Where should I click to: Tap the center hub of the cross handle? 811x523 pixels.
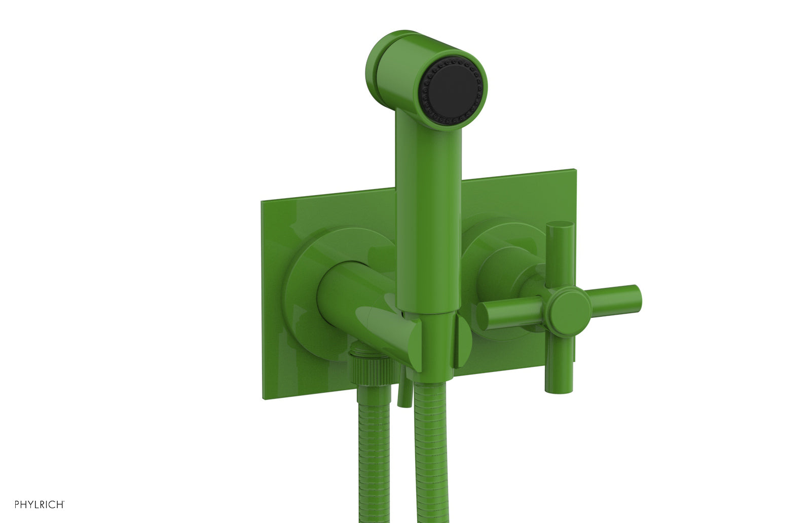571,306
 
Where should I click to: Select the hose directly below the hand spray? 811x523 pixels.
431,456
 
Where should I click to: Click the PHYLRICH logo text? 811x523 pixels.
39,504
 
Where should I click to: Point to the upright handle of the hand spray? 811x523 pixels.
429,218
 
